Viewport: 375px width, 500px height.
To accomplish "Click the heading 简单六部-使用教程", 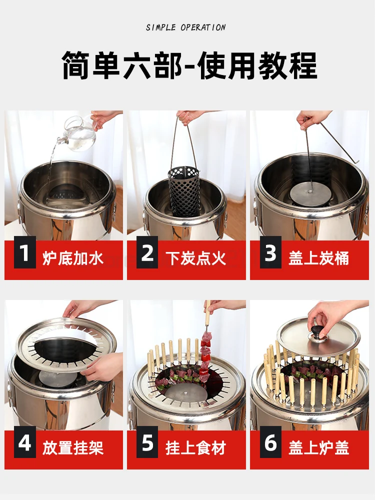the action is coord(189,65).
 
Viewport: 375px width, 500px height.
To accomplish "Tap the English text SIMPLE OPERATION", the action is coord(186,27).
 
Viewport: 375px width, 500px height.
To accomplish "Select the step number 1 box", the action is coord(24,252).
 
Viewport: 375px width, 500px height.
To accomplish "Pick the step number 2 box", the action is coord(147,252).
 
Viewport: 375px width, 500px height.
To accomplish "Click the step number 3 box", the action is coord(270,252).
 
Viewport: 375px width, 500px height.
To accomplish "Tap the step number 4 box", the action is coord(24,442).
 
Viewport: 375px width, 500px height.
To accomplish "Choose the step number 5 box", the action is coord(147,442).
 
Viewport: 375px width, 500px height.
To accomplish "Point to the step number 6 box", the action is coord(270,442).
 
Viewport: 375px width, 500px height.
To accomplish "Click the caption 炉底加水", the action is coord(73,258).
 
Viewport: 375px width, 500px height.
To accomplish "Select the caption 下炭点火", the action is coord(196,258).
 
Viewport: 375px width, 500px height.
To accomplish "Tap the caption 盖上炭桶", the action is coord(319,258).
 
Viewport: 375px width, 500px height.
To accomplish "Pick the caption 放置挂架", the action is coord(73,447).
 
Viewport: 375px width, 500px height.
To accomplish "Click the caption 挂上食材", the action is coord(196,447).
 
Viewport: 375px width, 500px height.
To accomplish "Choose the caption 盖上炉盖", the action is coord(319,447).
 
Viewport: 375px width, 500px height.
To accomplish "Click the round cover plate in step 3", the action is coord(309,195).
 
